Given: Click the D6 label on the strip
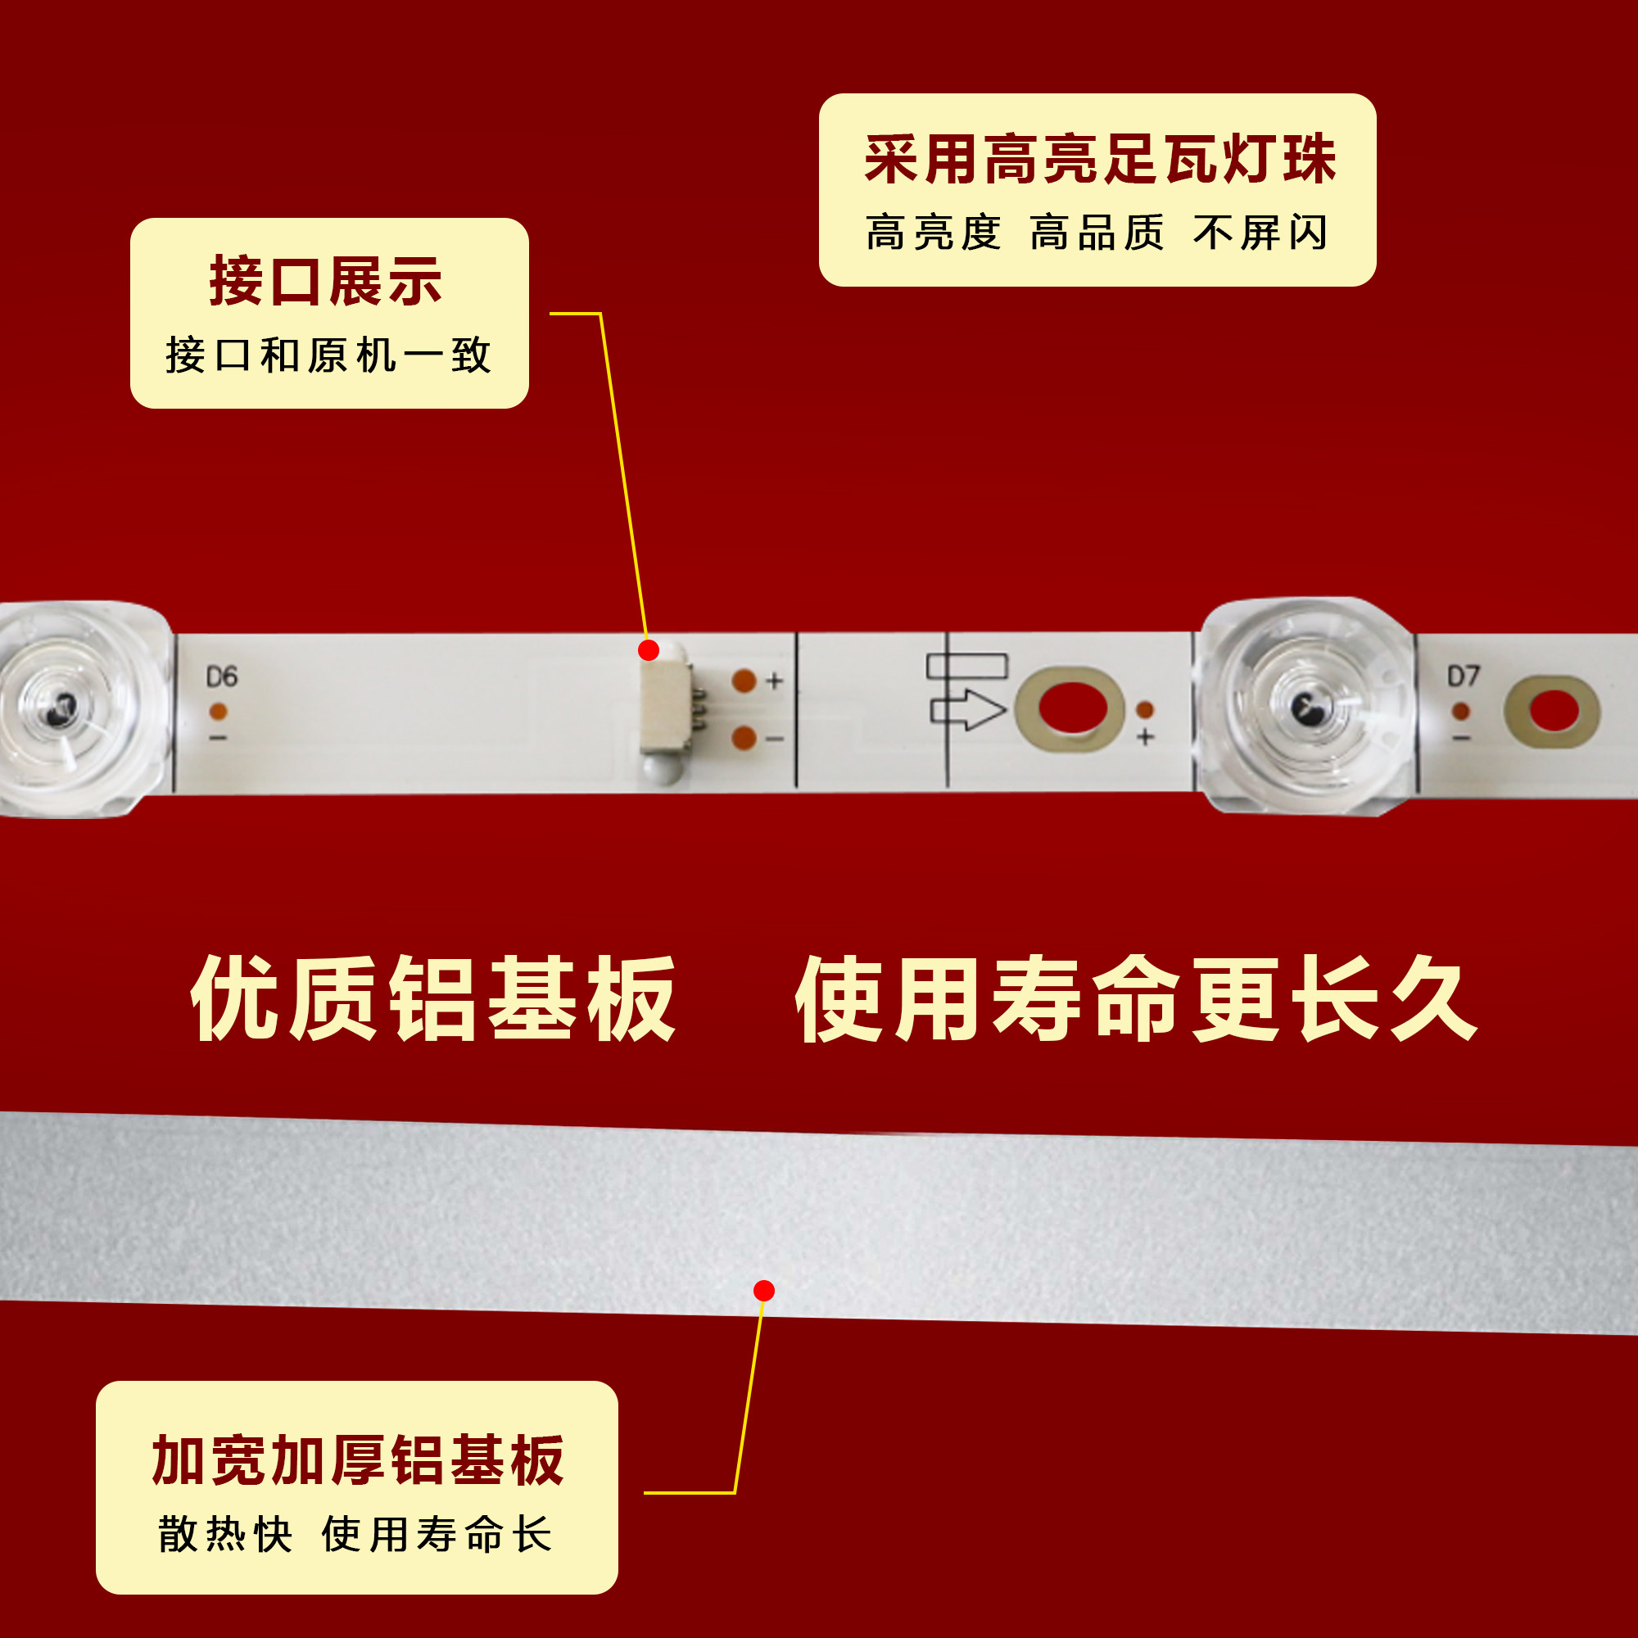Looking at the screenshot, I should (222, 676).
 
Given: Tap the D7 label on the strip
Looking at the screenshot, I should (1464, 676).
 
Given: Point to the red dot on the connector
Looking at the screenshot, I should (649, 650).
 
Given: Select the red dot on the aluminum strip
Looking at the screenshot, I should (764, 1291).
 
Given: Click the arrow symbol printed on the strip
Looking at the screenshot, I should (968, 709).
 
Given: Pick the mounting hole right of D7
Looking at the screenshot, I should (1553, 710).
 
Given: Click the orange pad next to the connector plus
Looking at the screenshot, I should (744, 681).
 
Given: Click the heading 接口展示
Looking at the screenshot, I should (326, 282).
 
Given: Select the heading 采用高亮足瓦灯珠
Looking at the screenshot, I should (1101, 160).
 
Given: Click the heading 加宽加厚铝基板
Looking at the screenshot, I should (358, 1460).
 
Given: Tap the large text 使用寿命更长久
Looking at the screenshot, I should (1136, 998).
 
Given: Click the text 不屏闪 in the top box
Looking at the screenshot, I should (1260, 233).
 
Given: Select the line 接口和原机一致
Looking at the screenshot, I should (329, 355).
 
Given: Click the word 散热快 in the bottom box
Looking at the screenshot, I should (224, 1534).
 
